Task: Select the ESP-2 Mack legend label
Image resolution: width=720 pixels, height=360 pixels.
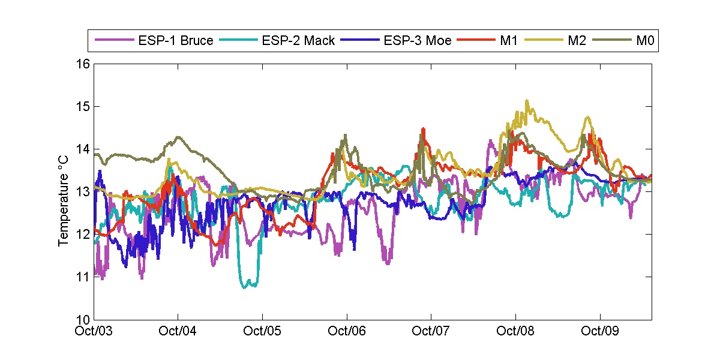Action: point(298,41)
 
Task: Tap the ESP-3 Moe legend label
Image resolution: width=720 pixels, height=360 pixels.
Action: point(418,41)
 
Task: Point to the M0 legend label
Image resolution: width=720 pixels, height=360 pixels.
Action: point(644,41)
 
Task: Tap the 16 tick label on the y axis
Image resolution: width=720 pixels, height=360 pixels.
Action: point(83,64)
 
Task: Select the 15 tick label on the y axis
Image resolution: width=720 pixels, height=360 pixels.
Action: point(83,107)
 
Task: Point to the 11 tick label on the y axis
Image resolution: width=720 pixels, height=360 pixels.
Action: point(83,277)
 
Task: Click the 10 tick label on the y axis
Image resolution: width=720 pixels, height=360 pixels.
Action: point(83,319)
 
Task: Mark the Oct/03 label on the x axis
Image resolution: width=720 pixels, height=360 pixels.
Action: point(95,331)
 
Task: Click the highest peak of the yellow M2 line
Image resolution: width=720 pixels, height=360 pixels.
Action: point(527,101)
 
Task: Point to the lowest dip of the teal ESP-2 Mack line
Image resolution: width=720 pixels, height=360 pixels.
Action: point(245,287)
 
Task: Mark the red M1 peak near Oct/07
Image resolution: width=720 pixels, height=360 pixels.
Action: point(423,128)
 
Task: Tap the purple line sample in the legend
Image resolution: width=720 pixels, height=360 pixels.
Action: point(114,41)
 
